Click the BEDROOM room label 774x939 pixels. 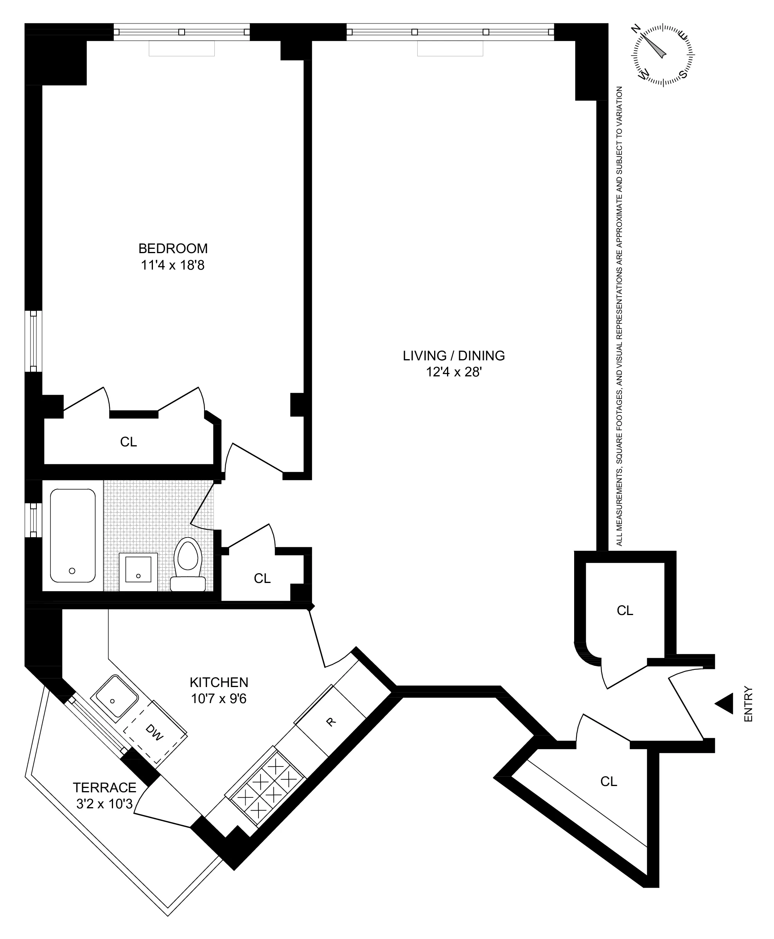[x=172, y=248]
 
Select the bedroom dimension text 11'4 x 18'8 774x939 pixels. [x=172, y=265]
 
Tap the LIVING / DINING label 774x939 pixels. [x=453, y=356]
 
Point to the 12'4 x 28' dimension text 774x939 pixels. [x=453, y=372]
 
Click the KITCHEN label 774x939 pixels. [x=219, y=682]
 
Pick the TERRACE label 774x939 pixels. [x=104, y=787]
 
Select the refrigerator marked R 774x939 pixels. [x=330, y=721]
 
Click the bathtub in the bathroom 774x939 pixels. [x=73, y=535]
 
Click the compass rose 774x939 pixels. [x=663, y=55]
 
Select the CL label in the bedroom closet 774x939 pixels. [x=128, y=442]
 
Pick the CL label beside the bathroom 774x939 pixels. [x=262, y=578]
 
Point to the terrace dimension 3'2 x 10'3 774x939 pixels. [x=104, y=804]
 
